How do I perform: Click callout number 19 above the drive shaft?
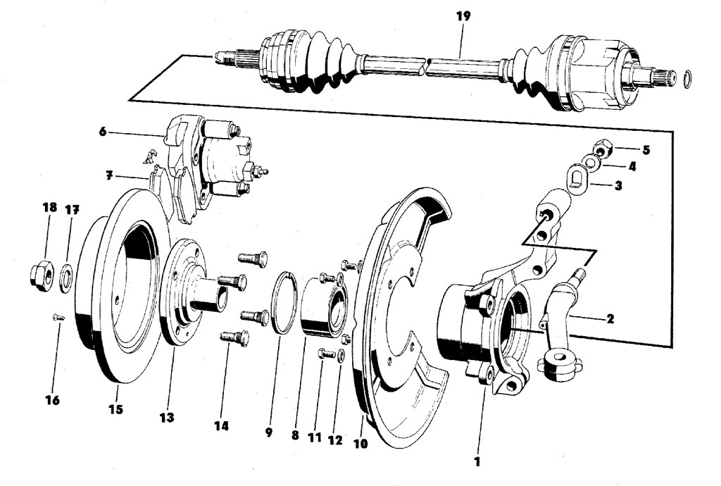[463, 17]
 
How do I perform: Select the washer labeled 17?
[67, 278]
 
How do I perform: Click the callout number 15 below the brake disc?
[116, 409]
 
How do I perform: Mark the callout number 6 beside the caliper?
[103, 132]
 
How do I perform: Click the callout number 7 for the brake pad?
[109, 175]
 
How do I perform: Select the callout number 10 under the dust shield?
[361, 444]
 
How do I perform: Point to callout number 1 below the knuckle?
[477, 461]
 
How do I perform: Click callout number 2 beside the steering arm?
[610, 318]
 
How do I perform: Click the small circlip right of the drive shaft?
[686, 79]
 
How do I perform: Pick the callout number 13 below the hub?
[167, 418]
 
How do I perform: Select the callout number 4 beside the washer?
[632, 166]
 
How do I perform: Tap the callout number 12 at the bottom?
[335, 440]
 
